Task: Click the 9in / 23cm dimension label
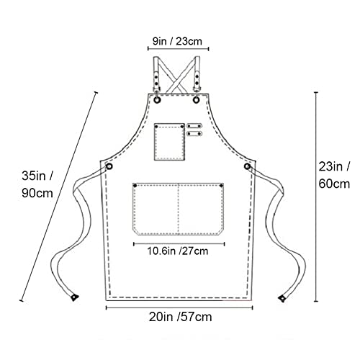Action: [x=177, y=41]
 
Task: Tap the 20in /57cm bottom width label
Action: [x=180, y=317]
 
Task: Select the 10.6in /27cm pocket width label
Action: [x=177, y=251]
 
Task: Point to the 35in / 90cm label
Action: [x=37, y=184]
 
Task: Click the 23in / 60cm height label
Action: [x=334, y=175]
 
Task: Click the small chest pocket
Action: [x=169, y=142]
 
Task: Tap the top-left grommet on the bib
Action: [x=157, y=99]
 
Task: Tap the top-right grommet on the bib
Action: [x=197, y=99]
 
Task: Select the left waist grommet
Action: [x=109, y=166]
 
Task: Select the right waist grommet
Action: [x=247, y=166]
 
